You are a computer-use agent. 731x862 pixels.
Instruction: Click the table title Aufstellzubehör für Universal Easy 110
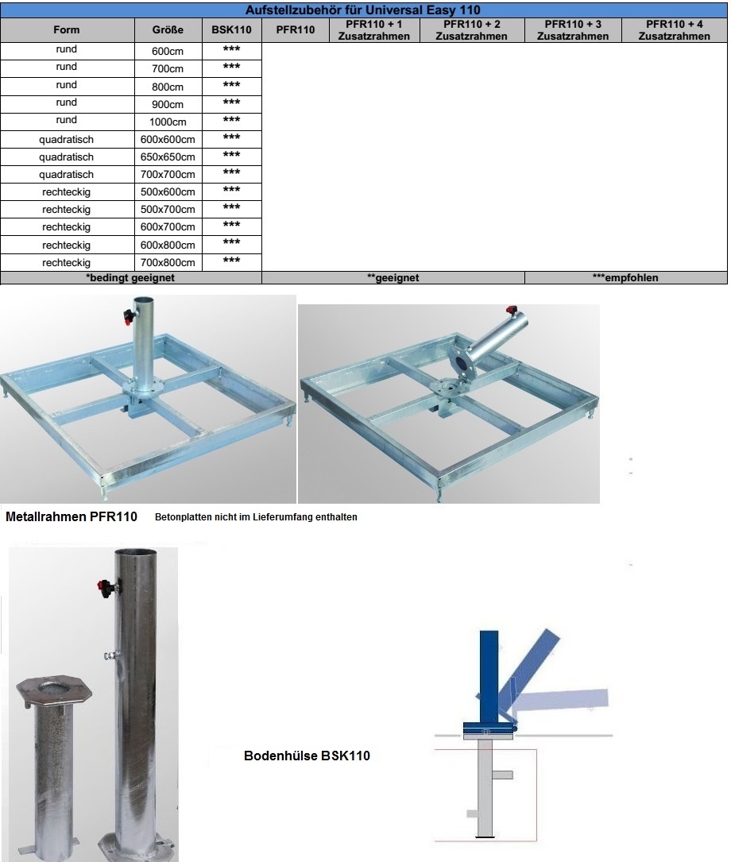click(x=363, y=10)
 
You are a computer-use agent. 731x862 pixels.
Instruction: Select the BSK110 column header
click(x=231, y=29)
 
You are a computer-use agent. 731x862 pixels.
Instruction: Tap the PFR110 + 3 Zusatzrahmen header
click(x=573, y=30)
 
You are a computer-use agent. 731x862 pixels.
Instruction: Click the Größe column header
click(x=168, y=29)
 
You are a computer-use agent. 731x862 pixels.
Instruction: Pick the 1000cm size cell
click(x=168, y=122)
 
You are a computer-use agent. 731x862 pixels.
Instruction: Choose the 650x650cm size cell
click(x=168, y=157)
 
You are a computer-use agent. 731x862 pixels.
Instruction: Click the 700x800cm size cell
click(x=168, y=263)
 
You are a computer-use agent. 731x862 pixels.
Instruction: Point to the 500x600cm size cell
click(x=168, y=191)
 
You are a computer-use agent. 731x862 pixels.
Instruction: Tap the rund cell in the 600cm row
click(x=66, y=49)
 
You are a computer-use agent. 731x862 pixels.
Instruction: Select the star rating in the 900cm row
click(x=231, y=102)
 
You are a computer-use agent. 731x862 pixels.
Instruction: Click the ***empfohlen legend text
click(x=625, y=277)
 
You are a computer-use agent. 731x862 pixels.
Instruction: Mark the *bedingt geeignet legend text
click(x=130, y=277)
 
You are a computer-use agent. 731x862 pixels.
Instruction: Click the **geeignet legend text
click(x=393, y=277)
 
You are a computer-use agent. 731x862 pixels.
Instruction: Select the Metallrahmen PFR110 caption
click(x=72, y=516)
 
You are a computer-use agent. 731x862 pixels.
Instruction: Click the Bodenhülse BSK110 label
click(x=307, y=756)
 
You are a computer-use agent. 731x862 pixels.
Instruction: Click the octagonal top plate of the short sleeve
click(x=54, y=690)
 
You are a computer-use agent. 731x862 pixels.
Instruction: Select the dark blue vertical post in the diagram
click(x=489, y=676)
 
